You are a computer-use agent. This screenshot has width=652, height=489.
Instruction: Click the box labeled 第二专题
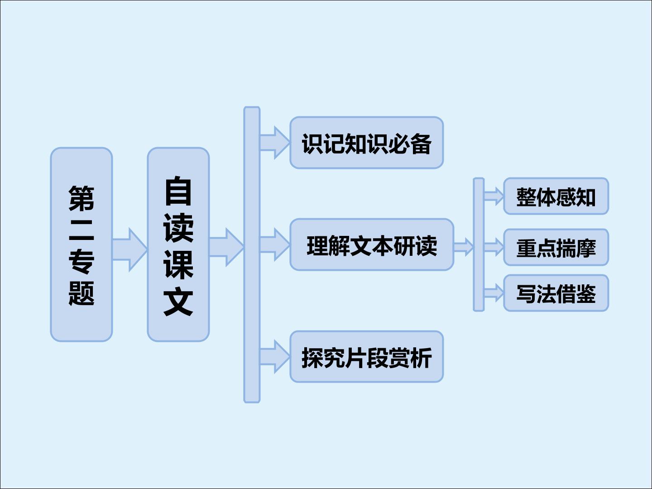[x=81, y=244]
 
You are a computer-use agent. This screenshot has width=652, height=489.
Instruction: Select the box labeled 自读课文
[x=178, y=244]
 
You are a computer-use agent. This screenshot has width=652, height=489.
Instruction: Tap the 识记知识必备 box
[x=367, y=143]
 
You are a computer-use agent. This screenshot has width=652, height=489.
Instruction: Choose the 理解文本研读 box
[x=372, y=244]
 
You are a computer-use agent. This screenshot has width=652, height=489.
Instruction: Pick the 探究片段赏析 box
[x=367, y=357]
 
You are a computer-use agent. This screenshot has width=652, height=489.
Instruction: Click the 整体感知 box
[x=556, y=196]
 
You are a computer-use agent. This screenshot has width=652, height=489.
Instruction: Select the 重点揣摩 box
[x=556, y=247]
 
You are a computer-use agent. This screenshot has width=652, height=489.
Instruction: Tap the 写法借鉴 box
[x=556, y=293]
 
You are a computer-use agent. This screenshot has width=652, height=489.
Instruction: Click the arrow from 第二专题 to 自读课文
[x=130, y=249]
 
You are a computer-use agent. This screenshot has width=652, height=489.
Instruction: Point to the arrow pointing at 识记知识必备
[x=275, y=143]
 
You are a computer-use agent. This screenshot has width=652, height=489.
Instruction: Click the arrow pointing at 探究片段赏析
[x=275, y=357]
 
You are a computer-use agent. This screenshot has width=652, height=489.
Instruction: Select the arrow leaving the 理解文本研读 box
[x=464, y=247]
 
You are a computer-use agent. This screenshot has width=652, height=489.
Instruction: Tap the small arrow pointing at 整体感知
[x=494, y=196]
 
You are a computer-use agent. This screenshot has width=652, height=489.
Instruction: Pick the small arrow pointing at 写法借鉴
[x=494, y=293]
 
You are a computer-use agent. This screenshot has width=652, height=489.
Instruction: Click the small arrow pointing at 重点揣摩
[x=494, y=247]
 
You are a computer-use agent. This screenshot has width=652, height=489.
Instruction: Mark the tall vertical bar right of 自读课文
[x=252, y=254]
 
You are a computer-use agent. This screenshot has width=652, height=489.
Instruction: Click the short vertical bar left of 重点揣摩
[x=479, y=244]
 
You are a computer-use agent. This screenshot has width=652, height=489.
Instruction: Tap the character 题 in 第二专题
[x=81, y=293]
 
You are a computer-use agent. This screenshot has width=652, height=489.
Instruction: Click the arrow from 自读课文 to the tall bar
[x=227, y=247]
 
